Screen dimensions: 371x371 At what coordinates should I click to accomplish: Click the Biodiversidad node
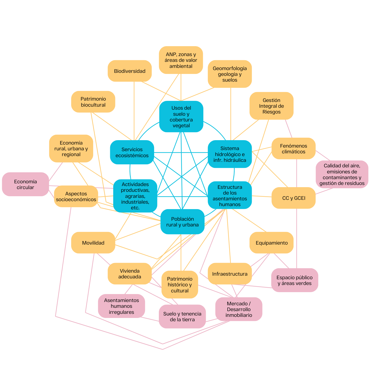[x=129, y=71]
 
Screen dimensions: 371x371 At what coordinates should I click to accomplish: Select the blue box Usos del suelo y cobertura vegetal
[x=181, y=117]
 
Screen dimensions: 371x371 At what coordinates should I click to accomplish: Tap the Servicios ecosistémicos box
[x=132, y=152]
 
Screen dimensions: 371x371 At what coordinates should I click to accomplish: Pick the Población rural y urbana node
[x=182, y=222]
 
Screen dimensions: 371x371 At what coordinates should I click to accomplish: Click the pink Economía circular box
[x=25, y=184]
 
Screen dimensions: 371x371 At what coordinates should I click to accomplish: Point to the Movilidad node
[x=93, y=243]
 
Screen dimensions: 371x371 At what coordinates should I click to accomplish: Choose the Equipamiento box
[x=272, y=243]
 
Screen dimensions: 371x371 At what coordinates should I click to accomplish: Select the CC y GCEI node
[x=294, y=198]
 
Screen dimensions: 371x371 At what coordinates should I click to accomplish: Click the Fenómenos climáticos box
[x=294, y=148]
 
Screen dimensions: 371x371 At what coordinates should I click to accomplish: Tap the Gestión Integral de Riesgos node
[x=272, y=106]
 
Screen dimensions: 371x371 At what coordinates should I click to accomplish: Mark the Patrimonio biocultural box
[x=93, y=102]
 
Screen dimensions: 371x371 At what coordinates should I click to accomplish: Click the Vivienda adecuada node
[x=129, y=274]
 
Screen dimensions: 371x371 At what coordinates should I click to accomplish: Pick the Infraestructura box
[x=230, y=274]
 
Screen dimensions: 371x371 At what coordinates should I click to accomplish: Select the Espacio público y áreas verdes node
[x=295, y=280]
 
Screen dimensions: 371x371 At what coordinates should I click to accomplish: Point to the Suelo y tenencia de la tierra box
[x=182, y=317]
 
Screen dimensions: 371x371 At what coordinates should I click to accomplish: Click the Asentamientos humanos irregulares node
[x=121, y=306]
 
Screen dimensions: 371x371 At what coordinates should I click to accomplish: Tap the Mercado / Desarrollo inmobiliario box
[x=239, y=309]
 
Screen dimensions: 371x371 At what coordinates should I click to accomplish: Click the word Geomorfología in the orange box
[x=230, y=68]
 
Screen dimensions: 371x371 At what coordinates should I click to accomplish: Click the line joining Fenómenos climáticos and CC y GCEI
[x=297, y=173]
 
